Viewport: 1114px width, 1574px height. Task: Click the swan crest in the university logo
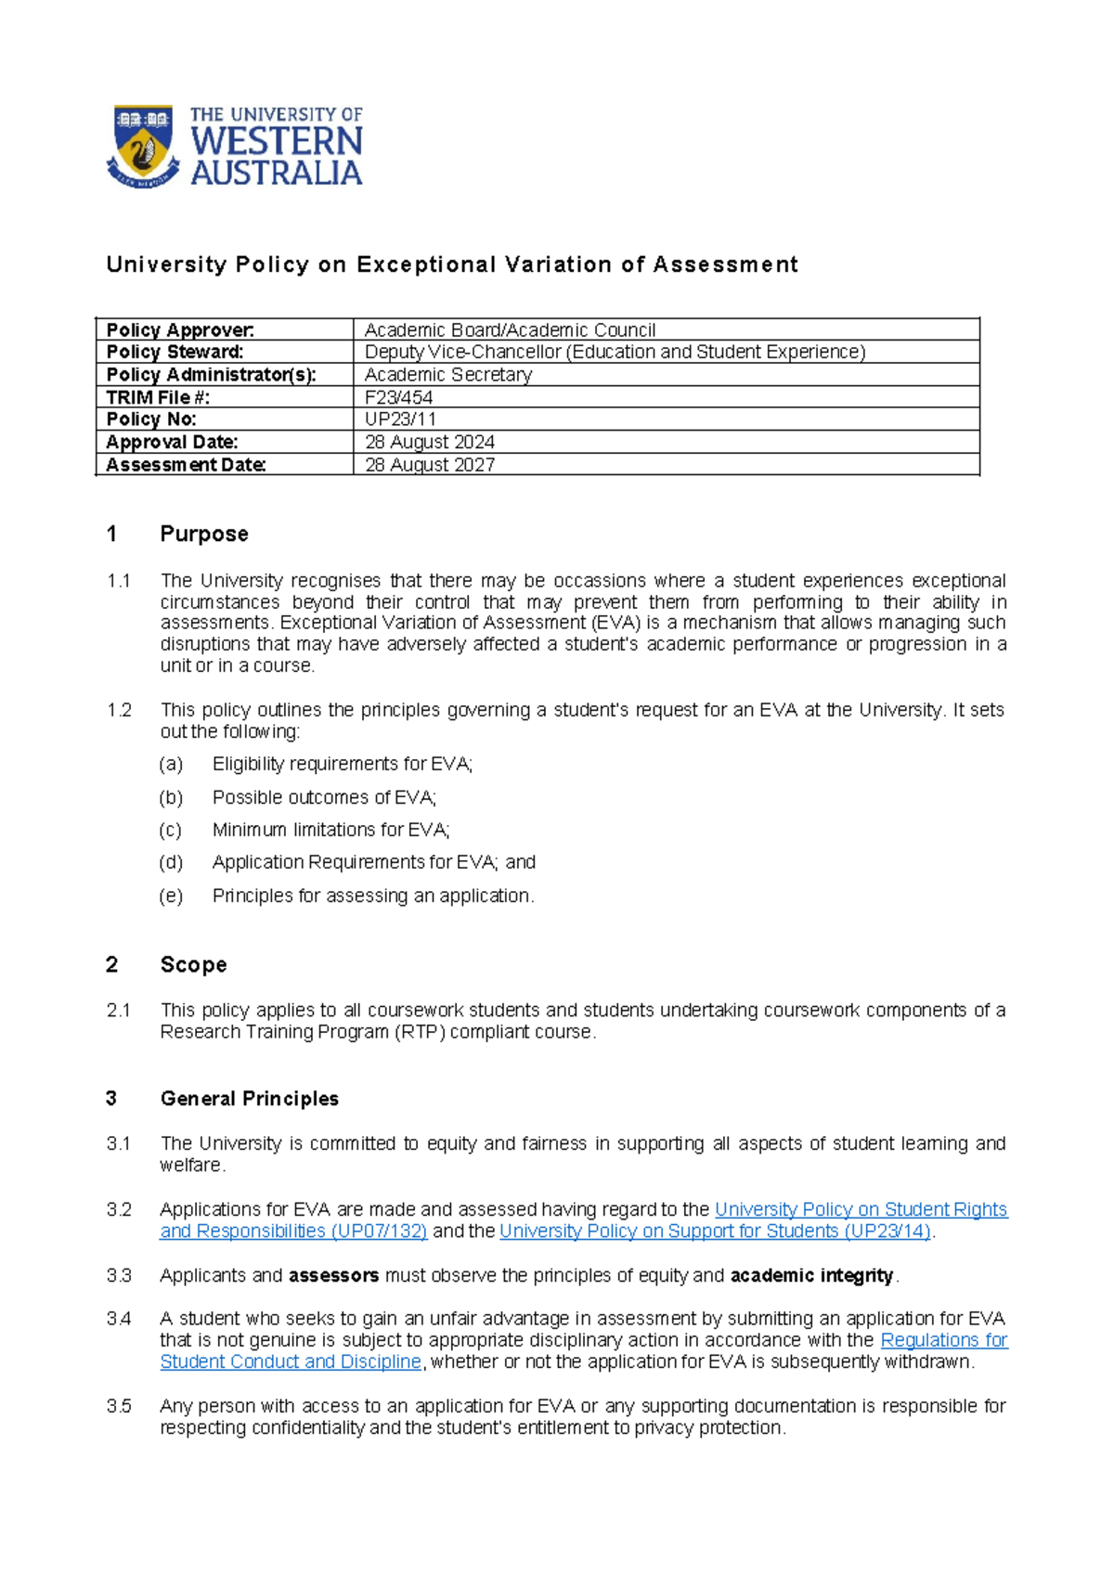pos(142,147)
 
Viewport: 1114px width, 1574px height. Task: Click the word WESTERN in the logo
pos(276,142)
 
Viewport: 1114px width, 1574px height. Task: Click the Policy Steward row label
pos(175,352)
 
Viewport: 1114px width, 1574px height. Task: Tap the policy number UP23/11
pos(400,419)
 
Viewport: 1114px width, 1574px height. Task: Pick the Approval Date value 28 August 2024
pos(429,442)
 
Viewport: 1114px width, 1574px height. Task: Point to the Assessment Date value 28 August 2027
pos(429,465)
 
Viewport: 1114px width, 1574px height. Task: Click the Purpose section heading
pos(203,534)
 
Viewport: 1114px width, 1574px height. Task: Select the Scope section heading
pos(193,964)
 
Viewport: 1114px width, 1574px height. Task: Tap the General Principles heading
pos(249,1099)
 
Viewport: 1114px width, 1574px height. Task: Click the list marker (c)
pos(170,830)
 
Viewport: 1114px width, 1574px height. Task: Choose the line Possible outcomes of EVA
pos(324,797)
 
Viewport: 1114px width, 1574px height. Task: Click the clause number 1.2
pos(119,710)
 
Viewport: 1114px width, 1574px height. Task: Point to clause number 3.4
pos(119,1319)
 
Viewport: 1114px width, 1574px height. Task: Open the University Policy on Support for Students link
pos(715,1232)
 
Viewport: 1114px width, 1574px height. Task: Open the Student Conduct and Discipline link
pos(291,1361)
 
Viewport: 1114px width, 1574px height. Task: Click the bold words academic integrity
pos(811,1276)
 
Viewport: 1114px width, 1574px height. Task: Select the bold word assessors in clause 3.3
pos(333,1276)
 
